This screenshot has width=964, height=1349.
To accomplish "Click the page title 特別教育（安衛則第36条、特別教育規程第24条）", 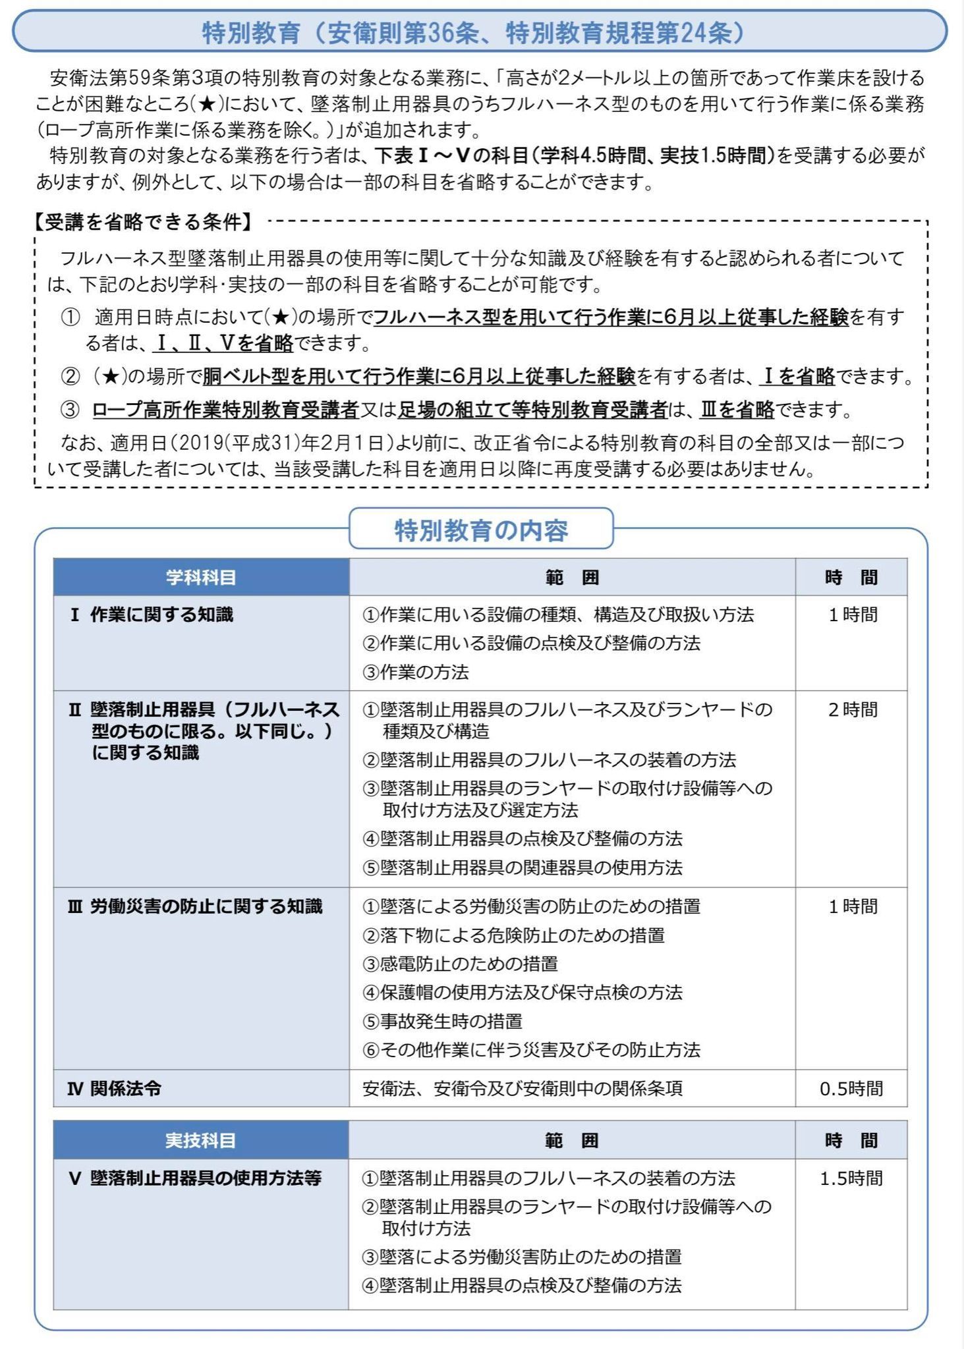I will (x=473, y=33).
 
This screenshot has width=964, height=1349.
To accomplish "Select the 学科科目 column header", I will (x=201, y=578).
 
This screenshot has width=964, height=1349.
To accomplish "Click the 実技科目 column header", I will (x=200, y=1140).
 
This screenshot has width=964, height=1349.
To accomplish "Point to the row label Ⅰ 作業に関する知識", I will (x=152, y=615).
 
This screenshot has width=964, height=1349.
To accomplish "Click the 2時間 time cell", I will (x=853, y=709).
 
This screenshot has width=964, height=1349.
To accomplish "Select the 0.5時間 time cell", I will (x=851, y=1088).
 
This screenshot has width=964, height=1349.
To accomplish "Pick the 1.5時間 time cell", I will (x=851, y=1178).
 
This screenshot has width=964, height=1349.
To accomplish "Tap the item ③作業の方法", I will (x=416, y=672).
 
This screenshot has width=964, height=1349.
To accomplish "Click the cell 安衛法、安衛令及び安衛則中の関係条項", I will (x=523, y=1088).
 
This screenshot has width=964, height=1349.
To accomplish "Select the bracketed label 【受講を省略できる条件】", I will (x=143, y=222).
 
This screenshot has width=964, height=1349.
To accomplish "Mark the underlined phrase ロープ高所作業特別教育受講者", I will (x=225, y=410).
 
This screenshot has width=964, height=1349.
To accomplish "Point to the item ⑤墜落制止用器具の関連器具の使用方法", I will (x=523, y=867).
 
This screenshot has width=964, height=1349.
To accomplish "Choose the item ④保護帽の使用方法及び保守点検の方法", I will (x=523, y=992).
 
